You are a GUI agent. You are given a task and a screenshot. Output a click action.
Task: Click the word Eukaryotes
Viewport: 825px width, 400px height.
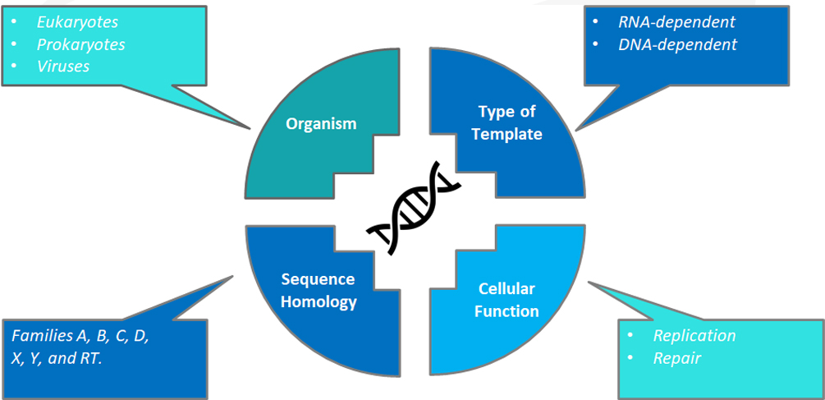77,23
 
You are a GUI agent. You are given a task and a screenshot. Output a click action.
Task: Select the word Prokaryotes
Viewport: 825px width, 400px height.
81,44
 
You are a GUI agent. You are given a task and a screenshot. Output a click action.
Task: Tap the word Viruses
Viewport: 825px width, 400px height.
63,67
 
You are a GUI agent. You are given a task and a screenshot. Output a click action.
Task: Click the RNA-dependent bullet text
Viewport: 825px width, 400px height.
677,23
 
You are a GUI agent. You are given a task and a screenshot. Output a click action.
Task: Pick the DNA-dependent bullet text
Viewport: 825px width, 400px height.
678,44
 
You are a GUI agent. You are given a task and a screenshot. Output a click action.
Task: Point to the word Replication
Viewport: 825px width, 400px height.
694,336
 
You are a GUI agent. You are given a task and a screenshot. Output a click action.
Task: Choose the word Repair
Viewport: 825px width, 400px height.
677,358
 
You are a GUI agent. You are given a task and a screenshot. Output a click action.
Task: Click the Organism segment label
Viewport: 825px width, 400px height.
322,124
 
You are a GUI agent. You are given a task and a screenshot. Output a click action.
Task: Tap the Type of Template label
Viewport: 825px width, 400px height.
506,123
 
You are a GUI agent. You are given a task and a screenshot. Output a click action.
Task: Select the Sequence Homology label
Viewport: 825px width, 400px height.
319,291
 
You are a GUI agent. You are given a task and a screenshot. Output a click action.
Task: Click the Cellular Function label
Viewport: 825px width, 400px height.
506,301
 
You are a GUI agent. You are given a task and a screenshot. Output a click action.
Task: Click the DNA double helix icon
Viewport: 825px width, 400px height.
414,207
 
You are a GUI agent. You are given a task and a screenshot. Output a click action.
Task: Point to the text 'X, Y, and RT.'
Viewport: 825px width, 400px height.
57,358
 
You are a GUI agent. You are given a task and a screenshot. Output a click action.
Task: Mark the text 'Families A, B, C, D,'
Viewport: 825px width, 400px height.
80,336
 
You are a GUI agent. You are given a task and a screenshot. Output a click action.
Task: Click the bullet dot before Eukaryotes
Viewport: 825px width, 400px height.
14,23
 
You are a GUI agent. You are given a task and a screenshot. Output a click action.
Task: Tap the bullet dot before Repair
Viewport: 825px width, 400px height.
630,359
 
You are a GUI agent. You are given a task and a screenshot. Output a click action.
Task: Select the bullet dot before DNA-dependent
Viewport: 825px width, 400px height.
596,45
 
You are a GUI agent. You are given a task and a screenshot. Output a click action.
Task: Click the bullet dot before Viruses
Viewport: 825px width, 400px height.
14,67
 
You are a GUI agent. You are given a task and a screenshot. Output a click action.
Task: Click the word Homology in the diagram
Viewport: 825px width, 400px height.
319,301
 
